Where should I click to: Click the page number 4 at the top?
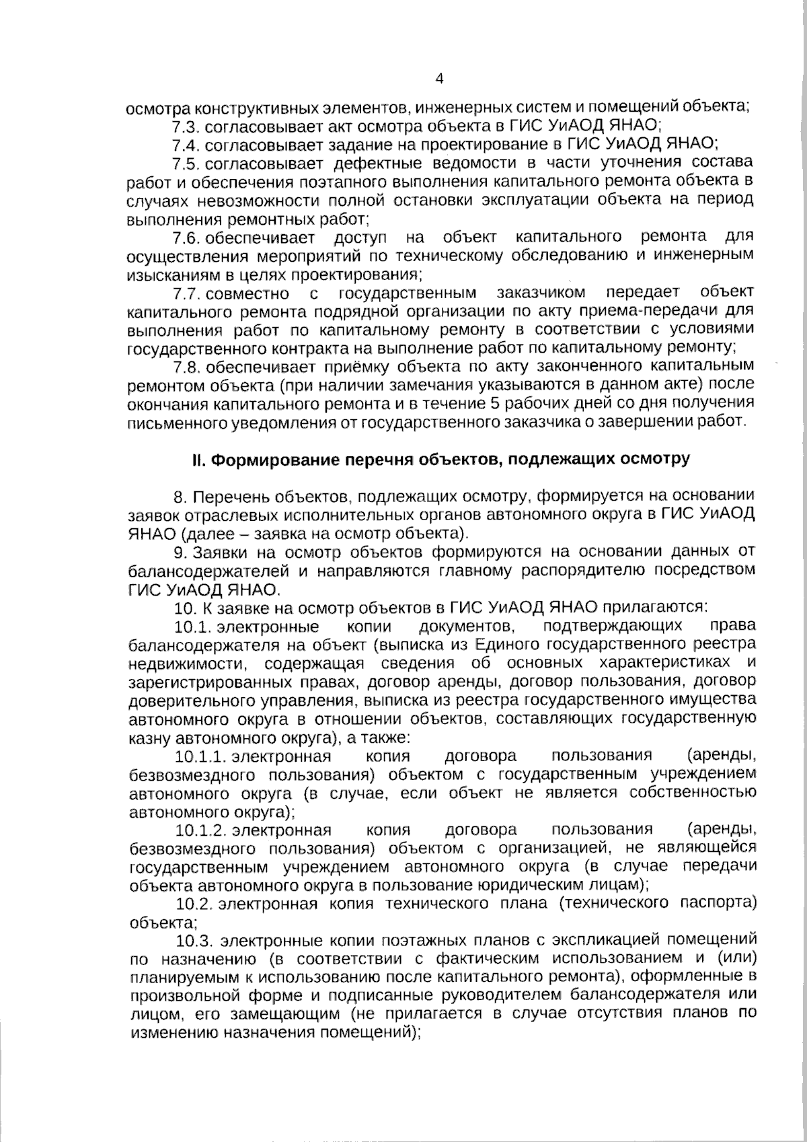pyautogui.click(x=440, y=79)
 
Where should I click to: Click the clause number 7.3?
pyautogui.click(x=186, y=126)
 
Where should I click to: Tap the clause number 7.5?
pyautogui.click(x=186, y=164)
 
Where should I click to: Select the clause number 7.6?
pyautogui.click(x=186, y=238)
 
